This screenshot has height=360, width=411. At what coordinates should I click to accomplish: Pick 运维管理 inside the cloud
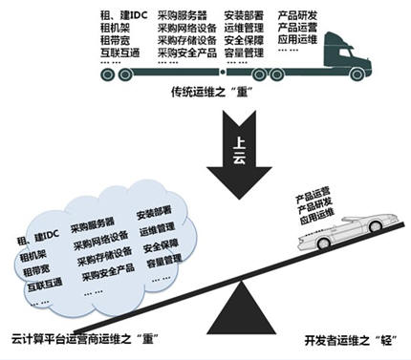pos(160,230)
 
